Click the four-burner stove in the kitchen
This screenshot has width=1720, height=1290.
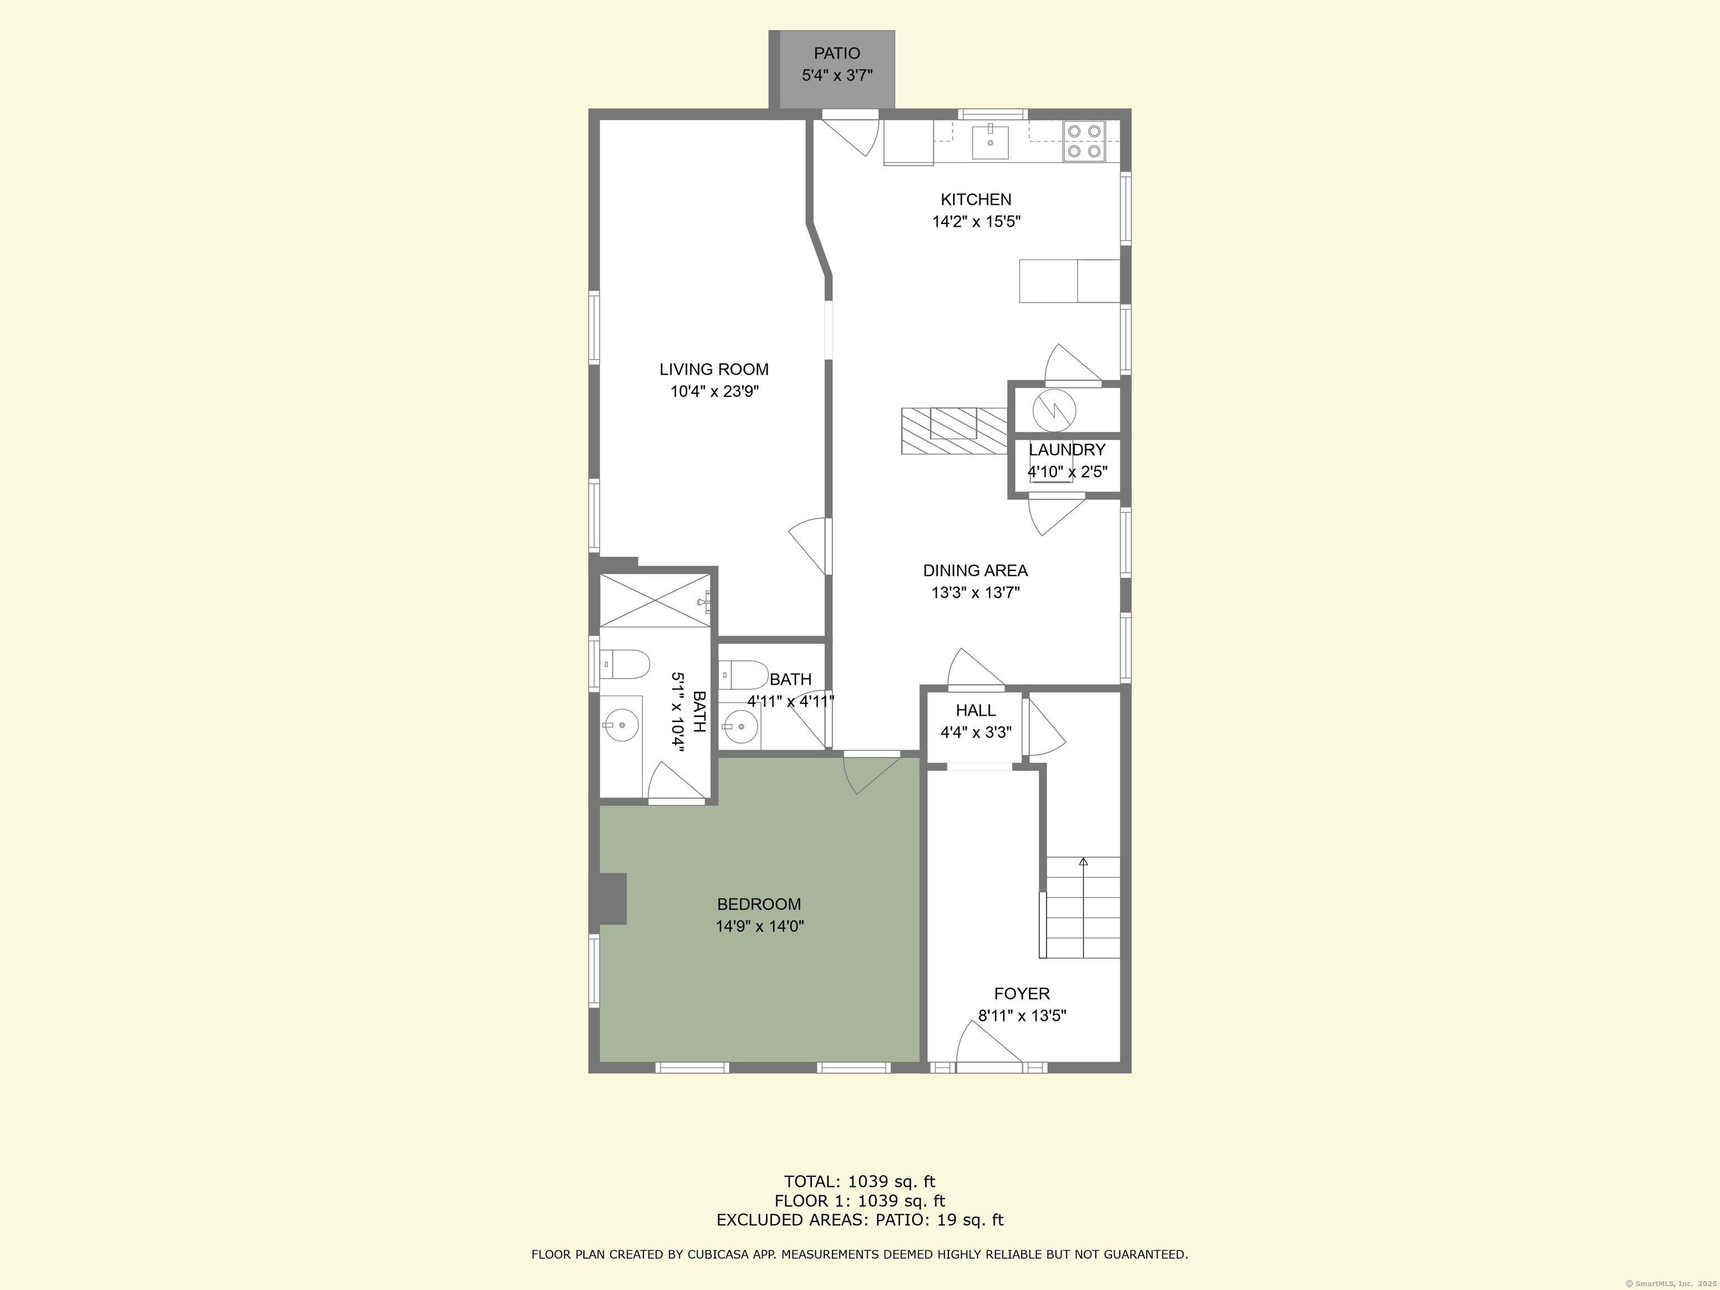[x=1084, y=142]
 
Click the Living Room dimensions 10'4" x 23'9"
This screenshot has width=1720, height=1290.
[x=714, y=391]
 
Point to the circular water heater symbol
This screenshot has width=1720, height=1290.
[x=1054, y=410]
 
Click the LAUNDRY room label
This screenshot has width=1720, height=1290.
[x=1066, y=450]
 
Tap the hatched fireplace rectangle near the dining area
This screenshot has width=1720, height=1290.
[x=954, y=430]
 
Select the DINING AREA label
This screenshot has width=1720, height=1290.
[x=975, y=570]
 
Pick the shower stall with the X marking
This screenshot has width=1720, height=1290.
[x=655, y=600]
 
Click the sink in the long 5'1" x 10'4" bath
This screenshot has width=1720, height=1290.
[x=621, y=726]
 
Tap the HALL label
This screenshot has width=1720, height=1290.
[x=975, y=710]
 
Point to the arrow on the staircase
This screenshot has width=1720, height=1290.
[x=1083, y=862]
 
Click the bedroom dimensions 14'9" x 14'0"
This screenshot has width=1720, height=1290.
[x=759, y=926]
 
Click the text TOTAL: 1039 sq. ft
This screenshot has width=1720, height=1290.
[x=859, y=1182]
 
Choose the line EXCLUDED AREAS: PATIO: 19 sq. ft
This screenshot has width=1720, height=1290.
[x=859, y=1219]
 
